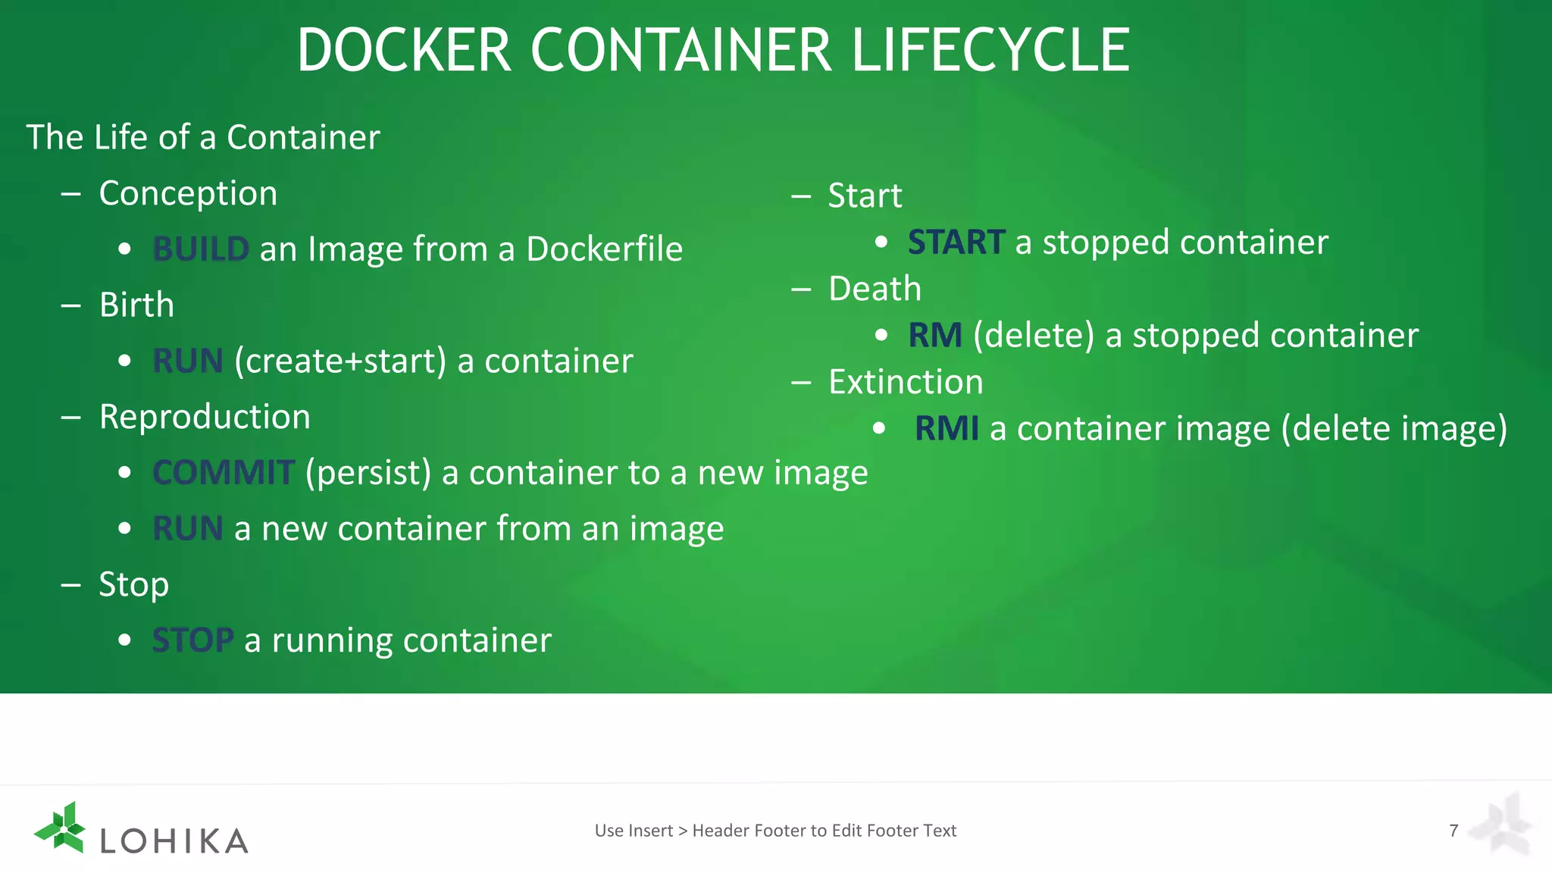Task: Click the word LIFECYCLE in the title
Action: [990, 51]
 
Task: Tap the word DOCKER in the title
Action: [404, 51]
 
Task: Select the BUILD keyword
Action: [201, 249]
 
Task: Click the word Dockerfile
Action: [604, 249]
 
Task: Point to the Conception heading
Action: [188, 194]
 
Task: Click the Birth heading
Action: [136, 305]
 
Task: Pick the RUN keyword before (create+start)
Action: [188, 361]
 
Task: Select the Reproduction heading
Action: [205, 417]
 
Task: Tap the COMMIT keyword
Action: [224, 473]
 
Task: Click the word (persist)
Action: [368, 473]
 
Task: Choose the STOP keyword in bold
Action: [193, 640]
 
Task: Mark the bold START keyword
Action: [956, 242]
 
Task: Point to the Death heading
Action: [875, 289]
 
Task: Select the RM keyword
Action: [935, 336]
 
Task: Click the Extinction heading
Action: [906, 382]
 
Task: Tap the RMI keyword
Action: [947, 429]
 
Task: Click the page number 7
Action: [1453, 831]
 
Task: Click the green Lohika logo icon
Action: [61, 828]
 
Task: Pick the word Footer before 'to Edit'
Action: [786, 831]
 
